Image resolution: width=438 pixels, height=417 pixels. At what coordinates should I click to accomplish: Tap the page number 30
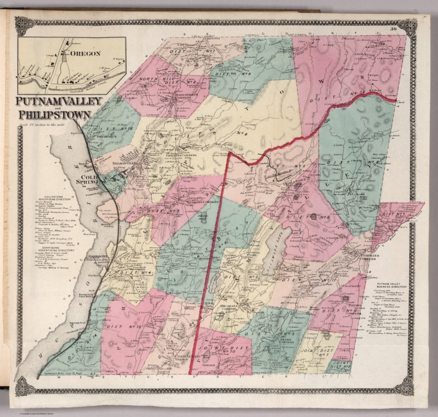coord(394,28)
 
